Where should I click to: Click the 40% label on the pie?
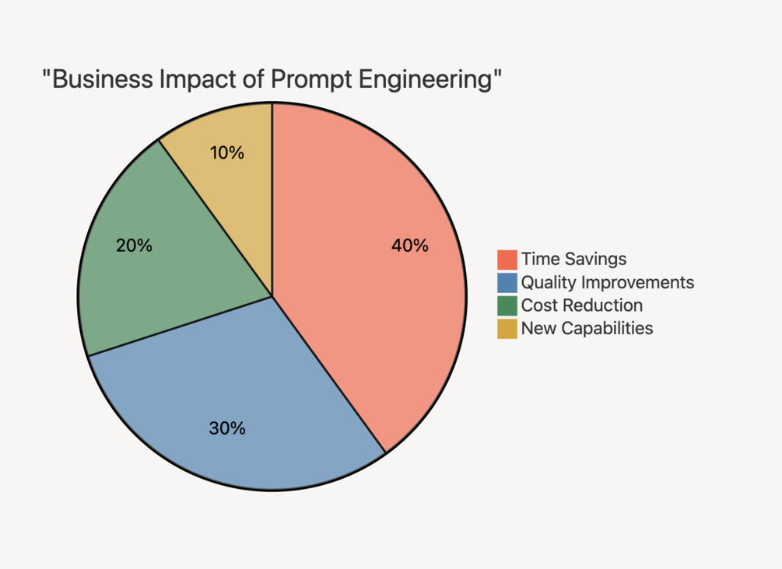[x=410, y=246]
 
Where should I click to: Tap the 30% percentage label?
[x=227, y=428]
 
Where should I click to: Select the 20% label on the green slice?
[x=134, y=246]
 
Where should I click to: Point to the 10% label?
[x=227, y=153]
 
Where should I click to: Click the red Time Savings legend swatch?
[x=507, y=259]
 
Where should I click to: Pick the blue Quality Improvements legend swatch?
[x=507, y=282]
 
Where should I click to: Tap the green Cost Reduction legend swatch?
[x=507, y=305]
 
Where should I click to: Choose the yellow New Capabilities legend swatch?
[x=507, y=328]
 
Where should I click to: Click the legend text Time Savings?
[x=573, y=259]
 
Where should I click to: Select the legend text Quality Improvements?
[x=608, y=282]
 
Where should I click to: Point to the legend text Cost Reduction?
[x=582, y=305]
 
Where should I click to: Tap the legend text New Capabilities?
[x=587, y=328]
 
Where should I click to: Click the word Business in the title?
[x=98, y=80]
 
